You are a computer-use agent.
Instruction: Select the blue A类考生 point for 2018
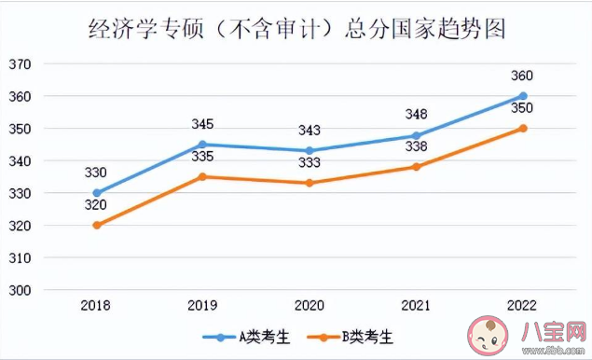click(x=97, y=193)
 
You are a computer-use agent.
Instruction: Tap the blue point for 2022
click(x=523, y=96)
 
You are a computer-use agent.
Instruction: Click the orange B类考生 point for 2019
click(x=203, y=176)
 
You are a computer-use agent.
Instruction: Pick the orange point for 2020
click(x=310, y=183)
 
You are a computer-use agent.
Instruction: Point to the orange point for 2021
click(x=416, y=167)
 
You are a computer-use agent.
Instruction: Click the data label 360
click(x=523, y=76)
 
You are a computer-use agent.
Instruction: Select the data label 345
click(x=203, y=124)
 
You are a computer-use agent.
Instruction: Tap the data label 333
click(x=310, y=163)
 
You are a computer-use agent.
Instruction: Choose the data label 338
click(x=416, y=146)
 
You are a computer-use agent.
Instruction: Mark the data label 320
click(x=97, y=205)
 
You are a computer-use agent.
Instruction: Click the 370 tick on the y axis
click(x=21, y=64)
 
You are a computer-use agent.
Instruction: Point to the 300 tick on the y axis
click(x=21, y=290)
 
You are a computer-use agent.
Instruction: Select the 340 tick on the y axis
click(x=21, y=161)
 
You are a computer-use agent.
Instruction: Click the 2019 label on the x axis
click(x=203, y=305)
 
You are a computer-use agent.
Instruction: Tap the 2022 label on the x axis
click(x=523, y=305)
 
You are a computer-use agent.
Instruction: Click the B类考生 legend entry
click(x=354, y=335)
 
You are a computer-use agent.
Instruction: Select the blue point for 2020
click(x=310, y=150)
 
